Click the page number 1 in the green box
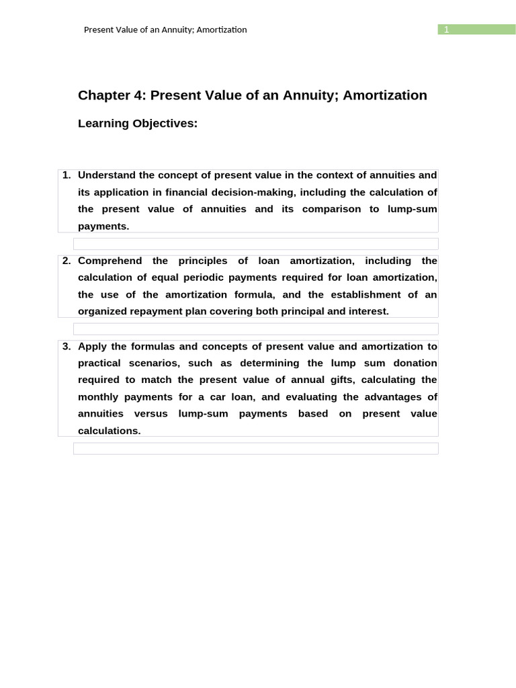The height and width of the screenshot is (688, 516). pyautogui.click(x=445, y=30)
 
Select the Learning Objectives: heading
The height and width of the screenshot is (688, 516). pyautogui.click(x=138, y=124)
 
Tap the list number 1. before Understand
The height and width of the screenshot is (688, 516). pyautogui.click(x=67, y=175)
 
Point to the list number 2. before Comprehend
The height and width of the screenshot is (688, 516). pyautogui.click(x=67, y=261)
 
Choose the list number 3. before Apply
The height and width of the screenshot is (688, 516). pyautogui.click(x=67, y=347)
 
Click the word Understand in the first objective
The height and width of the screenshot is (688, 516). pyautogui.click(x=107, y=175)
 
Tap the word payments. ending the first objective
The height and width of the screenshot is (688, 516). pyautogui.click(x=103, y=226)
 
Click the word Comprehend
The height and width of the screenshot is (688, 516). pyautogui.click(x=110, y=261)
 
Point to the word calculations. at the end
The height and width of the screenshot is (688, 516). pyautogui.click(x=110, y=431)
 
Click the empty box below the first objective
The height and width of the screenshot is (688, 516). pyautogui.click(x=255, y=244)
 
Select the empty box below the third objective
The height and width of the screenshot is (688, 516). pyautogui.click(x=255, y=448)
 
